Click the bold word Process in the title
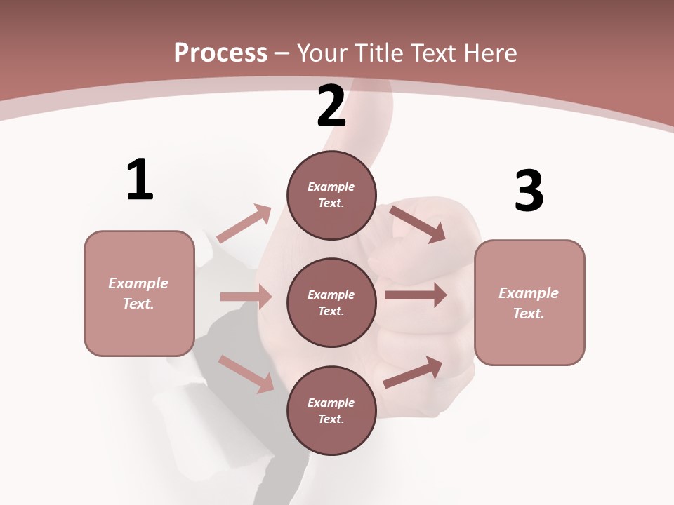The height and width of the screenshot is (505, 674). (x=220, y=53)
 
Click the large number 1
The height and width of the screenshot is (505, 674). (x=140, y=180)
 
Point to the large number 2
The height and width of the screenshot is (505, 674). (x=331, y=106)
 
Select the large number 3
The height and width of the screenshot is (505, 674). (x=529, y=191)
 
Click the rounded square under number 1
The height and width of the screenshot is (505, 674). (x=139, y=293)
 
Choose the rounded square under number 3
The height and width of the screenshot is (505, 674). (x=529, y=302)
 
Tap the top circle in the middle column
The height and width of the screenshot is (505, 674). (x=331, y=195)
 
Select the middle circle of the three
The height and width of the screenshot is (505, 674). (x=331, y=302)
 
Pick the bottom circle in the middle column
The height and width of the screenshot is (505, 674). (x=331, y=410)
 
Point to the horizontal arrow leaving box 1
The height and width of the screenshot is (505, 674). (x=246, y=297)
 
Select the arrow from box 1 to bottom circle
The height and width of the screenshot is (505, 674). (x=246, y=373)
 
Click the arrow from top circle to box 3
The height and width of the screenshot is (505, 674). (x=417, y=224)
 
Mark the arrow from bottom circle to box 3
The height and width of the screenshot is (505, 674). (x=413, y=372)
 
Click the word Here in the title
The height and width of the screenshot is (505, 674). (x=491, y=53)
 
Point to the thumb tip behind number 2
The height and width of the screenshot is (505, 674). (x=372, y=95)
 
